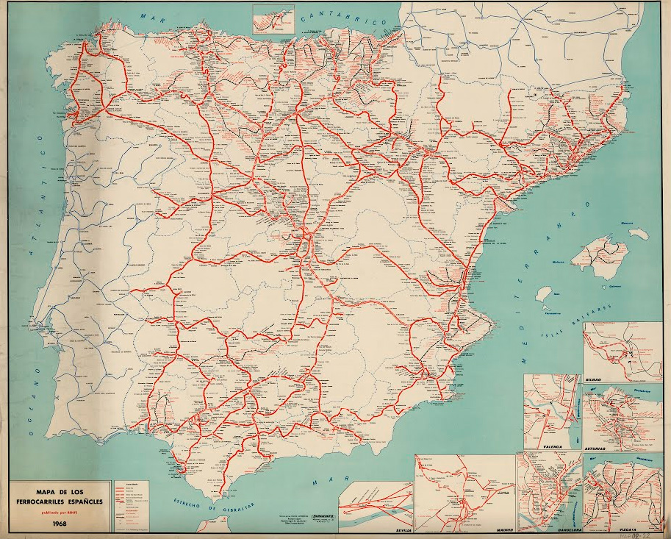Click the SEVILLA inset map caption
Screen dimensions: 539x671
pos(399,529)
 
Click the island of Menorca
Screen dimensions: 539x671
pos(637,232)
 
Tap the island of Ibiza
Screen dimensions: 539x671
pos(542,293)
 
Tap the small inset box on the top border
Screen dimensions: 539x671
pos(273,18)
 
